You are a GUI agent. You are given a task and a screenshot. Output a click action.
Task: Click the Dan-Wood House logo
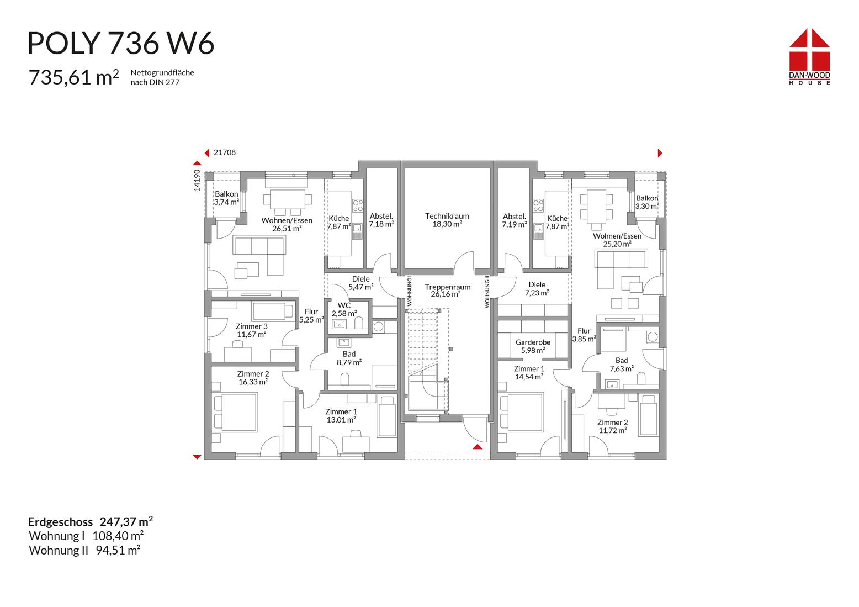coord(809,57)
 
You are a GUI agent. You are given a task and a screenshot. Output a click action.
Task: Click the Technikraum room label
coord(447,220)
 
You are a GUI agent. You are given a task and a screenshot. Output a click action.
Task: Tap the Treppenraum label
coord(448,291)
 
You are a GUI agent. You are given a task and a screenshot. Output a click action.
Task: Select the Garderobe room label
coord(533,346)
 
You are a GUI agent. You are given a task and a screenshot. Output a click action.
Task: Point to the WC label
coord(344,309)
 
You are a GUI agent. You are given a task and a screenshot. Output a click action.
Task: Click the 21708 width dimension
coord(225,152)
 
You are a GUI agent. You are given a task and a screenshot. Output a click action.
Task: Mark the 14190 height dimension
coord(197,181)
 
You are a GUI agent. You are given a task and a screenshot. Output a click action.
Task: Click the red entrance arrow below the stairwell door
coord(478,447)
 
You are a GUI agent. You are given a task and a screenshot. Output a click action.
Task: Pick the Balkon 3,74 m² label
coord(226,198)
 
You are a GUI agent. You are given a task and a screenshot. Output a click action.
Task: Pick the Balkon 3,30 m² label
coord(647,202)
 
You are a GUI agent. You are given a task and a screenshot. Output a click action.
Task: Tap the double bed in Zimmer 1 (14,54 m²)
coord(522,411)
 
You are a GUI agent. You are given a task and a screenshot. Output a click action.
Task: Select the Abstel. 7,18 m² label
coord(381,220)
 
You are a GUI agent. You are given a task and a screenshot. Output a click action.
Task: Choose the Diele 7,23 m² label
coord(537,289)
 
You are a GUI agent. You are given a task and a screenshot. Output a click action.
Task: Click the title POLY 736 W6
coord(121,43)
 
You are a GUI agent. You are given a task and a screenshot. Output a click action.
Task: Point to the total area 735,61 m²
coord(73,77)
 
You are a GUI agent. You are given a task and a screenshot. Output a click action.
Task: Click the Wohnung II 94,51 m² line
coord(85,550)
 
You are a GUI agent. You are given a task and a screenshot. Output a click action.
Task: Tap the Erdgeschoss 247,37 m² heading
coord(91,522)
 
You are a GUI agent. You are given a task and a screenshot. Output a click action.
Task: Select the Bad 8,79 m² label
coord(349,358)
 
